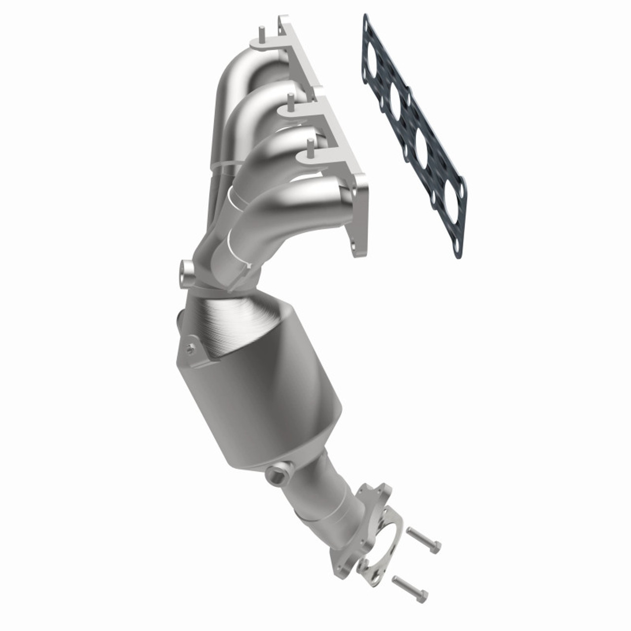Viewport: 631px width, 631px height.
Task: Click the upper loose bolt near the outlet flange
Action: tap(423, 539)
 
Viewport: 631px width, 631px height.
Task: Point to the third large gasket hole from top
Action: tap(422, 143)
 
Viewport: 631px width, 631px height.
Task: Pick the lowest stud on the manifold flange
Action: tap(310, 148)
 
